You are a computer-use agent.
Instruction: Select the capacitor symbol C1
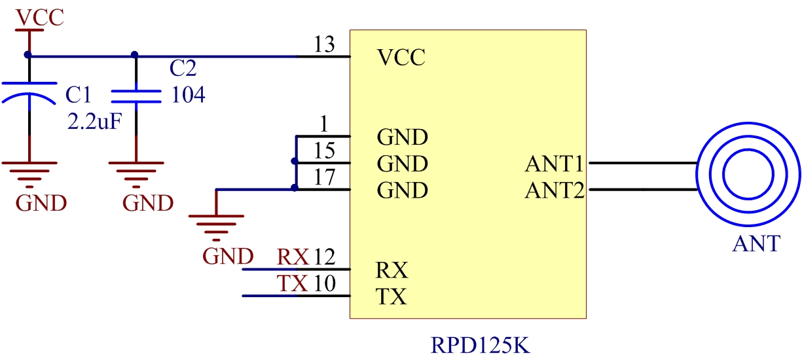coord(29,92)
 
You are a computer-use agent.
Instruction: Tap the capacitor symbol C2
coord(136,96)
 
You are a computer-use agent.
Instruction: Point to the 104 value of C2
coord(188,96)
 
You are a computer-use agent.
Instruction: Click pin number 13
coord(324,45)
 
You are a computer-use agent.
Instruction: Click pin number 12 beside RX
coord(324,257)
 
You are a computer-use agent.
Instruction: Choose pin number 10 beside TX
coord(324,284)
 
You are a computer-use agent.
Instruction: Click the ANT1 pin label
coord(554,164)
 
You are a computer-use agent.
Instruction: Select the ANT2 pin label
coord(554,190)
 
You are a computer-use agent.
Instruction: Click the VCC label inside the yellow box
coord(401,58)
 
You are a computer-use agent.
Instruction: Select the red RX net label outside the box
coord(293,257)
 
